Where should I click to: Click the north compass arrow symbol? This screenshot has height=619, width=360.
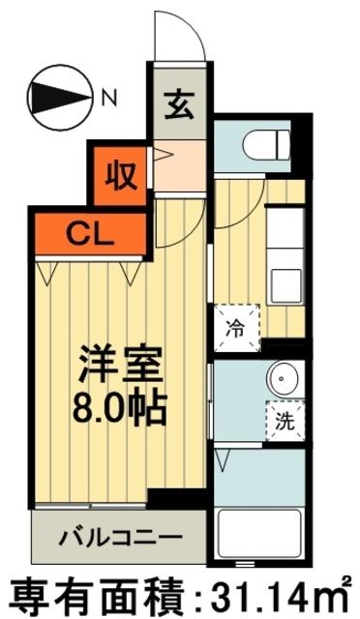pyautogui.click(x=61, y=96)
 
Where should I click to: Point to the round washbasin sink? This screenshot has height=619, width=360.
pyautogui.click(x=284, y=378)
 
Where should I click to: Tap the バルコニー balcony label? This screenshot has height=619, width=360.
pyautogui.click(x=120, y=535)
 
